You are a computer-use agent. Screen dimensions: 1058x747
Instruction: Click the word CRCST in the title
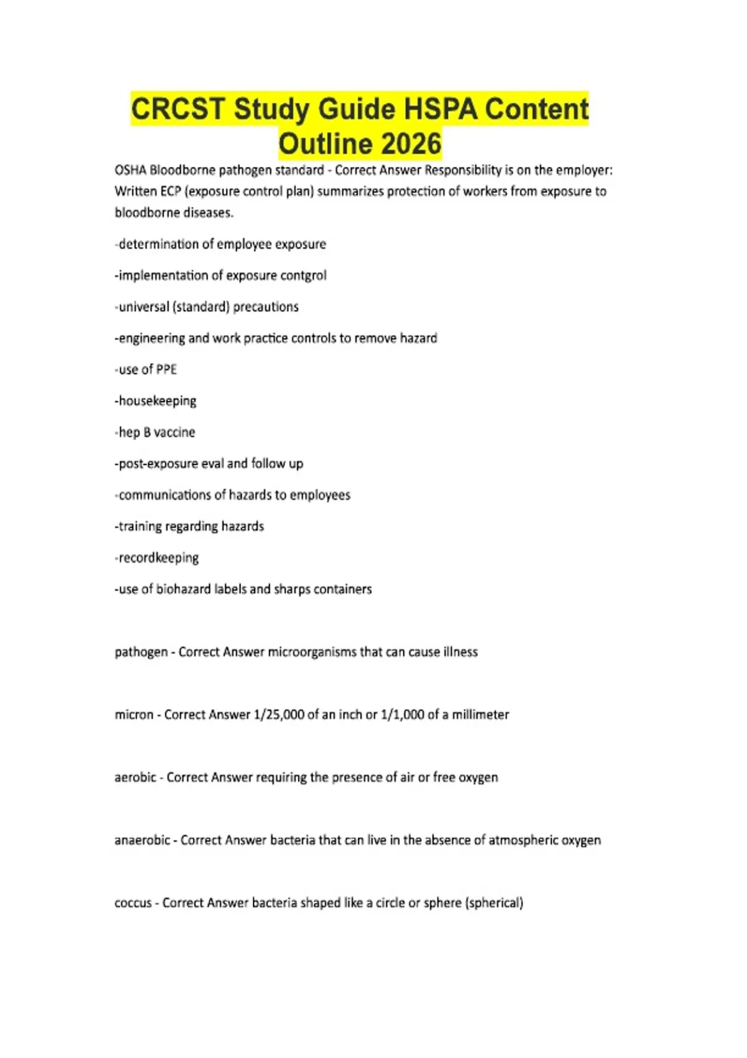[178, 109]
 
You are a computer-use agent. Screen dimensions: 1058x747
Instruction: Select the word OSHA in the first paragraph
[130, 170]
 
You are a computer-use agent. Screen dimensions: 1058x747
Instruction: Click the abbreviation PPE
[166, 370]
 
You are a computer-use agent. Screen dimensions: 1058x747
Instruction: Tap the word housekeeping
[157, 401]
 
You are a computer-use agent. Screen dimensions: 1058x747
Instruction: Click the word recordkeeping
[158, 558]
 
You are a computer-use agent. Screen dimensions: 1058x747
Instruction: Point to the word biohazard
[183, 589]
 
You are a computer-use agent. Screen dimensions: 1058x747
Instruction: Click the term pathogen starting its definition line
[141, 652]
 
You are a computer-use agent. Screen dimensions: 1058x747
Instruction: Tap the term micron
[134, 714]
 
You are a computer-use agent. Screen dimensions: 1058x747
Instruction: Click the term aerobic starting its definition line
[135, 777]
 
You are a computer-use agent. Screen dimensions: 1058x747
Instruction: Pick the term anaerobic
[142, 840]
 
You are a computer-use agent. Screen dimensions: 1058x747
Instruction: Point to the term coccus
[133, 902]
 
